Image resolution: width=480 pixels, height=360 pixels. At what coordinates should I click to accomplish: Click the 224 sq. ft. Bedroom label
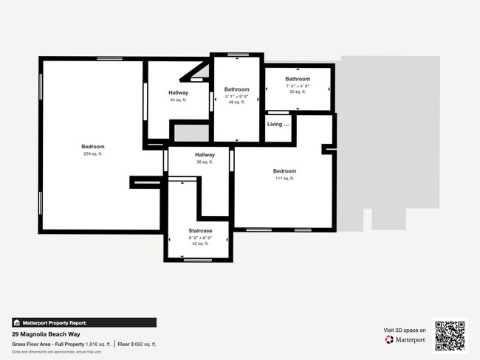coord(93,146)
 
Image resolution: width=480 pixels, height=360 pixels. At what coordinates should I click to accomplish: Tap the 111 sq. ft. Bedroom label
coord(284,171)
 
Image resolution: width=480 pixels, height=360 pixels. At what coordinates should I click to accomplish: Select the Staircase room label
coord(200,230)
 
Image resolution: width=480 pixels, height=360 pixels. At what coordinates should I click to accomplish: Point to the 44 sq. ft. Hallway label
coord(178,93)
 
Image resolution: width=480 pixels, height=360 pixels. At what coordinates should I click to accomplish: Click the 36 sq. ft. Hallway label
coord(205,155)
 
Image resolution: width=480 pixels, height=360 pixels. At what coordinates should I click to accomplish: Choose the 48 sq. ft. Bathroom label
coord(237,89)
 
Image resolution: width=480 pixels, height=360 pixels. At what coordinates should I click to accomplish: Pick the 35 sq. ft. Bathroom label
coord(298,79)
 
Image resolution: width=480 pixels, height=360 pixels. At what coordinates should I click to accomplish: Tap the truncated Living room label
coord(278,124)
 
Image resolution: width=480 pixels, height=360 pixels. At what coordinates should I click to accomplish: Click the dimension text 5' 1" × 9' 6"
coord(237,97)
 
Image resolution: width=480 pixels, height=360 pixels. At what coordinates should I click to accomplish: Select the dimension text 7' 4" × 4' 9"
coord(298,86)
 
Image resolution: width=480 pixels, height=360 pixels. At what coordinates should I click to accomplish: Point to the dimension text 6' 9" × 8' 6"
coord(200,238)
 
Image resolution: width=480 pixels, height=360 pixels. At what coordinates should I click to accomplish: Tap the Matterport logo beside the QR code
coord(405,340)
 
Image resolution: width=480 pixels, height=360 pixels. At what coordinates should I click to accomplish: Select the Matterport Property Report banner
coord(84,322)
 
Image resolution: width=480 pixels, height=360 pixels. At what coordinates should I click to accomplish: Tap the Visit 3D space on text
coord(405,330)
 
